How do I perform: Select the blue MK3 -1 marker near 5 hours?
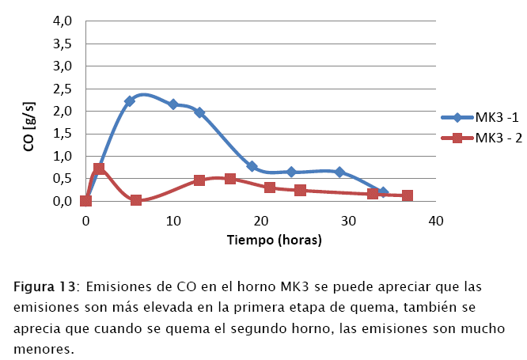[130, 101]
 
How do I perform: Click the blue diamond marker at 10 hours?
[173, 104]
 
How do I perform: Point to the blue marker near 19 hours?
[252, 166]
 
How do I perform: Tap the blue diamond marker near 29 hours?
[339, 172]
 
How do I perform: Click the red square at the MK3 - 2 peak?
[99, 169]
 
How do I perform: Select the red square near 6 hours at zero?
[136, 200]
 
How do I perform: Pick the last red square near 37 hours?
[408, 195]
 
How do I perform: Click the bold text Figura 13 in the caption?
[44, 286]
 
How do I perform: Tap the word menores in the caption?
[44, 347]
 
